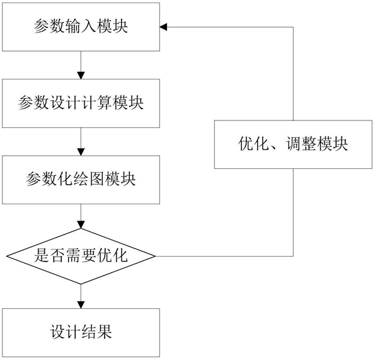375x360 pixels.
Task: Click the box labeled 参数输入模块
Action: tap(81, 26)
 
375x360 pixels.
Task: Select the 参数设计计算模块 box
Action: tap(81, 103)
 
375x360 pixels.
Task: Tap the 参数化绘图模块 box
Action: tap(81, 180)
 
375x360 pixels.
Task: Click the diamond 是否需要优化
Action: tap(81, 256)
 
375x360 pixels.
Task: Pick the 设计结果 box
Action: tap(81, 333)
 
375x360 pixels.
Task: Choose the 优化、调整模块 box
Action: tap(293, 144)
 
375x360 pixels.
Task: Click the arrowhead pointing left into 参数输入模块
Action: tap(163, 27)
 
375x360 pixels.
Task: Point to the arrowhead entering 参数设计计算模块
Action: tap(81, 76)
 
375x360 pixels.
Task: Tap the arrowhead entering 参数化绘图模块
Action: tap(81, 152)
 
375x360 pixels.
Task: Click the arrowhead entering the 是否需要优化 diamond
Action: tap(81, 225)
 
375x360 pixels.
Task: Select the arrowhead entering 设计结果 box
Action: tap(81, 305)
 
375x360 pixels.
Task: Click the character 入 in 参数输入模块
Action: tap(88, 26)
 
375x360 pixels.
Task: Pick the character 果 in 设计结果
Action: tap(104, 332)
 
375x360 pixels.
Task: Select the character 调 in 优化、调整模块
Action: tap(293, 144)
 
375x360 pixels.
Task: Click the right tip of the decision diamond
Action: tap(156, 256)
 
